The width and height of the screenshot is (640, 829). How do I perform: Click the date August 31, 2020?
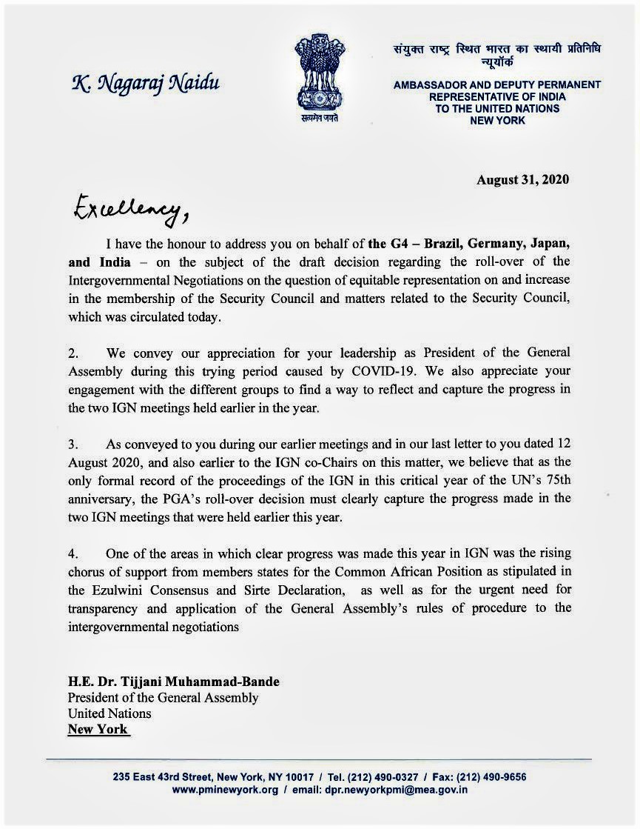click(x=522, y=179)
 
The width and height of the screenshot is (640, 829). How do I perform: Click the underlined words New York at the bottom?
click(x=98, y=730)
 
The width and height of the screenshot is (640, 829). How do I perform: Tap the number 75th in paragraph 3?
click(x=553, y=480)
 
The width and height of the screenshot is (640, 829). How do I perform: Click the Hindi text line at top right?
click(x=496, y=49)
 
